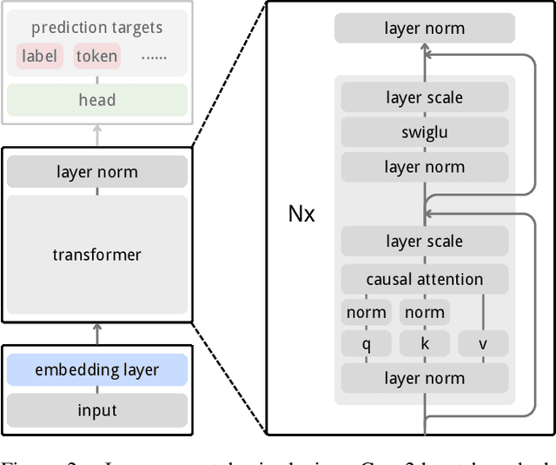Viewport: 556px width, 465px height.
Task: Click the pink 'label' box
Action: click(39, 57)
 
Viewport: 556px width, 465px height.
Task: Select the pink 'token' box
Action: click(96, 57)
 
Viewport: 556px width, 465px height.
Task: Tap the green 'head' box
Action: click(96, 100)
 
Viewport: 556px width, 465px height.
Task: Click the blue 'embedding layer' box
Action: click(96, 370)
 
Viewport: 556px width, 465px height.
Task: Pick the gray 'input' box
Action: click(96, 410)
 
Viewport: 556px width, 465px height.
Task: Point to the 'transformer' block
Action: click(96, 255)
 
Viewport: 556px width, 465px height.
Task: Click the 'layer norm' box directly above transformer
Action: click(96, 172)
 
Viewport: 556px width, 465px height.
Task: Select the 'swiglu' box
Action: click(424, 132)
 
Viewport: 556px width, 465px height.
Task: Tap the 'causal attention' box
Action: click(424, 279)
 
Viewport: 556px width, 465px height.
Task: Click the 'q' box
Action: click(366, 344)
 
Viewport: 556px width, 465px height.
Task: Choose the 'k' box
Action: click(424, 344)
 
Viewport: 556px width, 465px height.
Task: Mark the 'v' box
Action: click(482, 344)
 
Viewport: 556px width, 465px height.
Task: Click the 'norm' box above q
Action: click(366, 312)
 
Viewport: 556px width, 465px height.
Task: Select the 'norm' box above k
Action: click(424, 312)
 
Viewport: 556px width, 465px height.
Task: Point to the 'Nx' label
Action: click(301, 214)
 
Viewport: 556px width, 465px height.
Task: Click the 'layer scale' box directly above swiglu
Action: click(424, 97)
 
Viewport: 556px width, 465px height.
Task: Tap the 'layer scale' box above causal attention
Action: click(424, 242)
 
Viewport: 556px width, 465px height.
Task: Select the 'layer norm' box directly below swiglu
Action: click(424, 167)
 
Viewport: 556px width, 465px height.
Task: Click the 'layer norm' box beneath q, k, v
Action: click(424, 378)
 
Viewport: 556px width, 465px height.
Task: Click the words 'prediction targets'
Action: click(96, 28)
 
